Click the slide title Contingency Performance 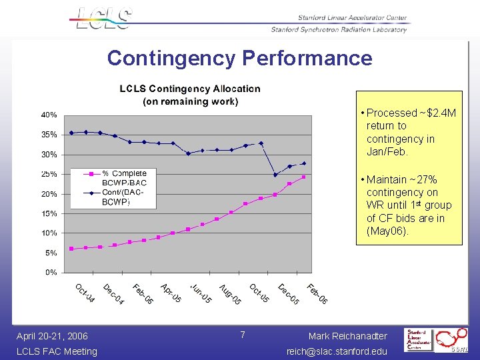coord(239,58)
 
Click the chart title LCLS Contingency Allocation coord(190,89)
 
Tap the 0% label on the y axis coord(51,273)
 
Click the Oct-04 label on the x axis coord(85,293)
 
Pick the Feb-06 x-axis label coord(317,293)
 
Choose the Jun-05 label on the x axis coord(201,293)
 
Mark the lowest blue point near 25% coord(275,175)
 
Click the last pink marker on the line coord(304,177)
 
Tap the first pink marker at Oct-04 coord(71,249)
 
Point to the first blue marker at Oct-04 coord(71,133)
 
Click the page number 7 coord(243,334)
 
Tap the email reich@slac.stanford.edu coord(337,351)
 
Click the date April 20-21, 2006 coord(52,336)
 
